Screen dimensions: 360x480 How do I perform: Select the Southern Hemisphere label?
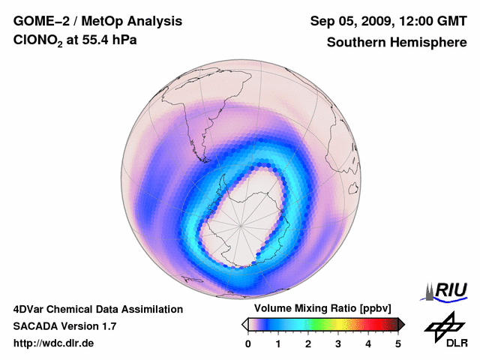pos(396,43)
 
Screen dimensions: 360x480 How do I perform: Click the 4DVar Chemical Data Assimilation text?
pos(97,309)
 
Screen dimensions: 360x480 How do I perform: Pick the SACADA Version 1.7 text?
pos(64,326)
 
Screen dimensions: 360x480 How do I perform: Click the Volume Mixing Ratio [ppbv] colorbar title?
pos(322,309)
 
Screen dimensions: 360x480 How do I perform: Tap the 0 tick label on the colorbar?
pos(248,343)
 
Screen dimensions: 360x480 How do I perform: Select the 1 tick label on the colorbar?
pos(278,343)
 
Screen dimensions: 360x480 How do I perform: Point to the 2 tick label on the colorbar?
pos(308,343)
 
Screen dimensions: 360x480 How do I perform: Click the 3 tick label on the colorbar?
pos(338,343)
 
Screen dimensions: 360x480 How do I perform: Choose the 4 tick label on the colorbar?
pos(368,343)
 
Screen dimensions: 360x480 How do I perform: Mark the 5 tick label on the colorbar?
pos(398,343)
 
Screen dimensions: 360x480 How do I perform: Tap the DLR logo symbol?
pos(442,325)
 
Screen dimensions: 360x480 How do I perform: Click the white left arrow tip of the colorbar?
pos(244,324)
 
